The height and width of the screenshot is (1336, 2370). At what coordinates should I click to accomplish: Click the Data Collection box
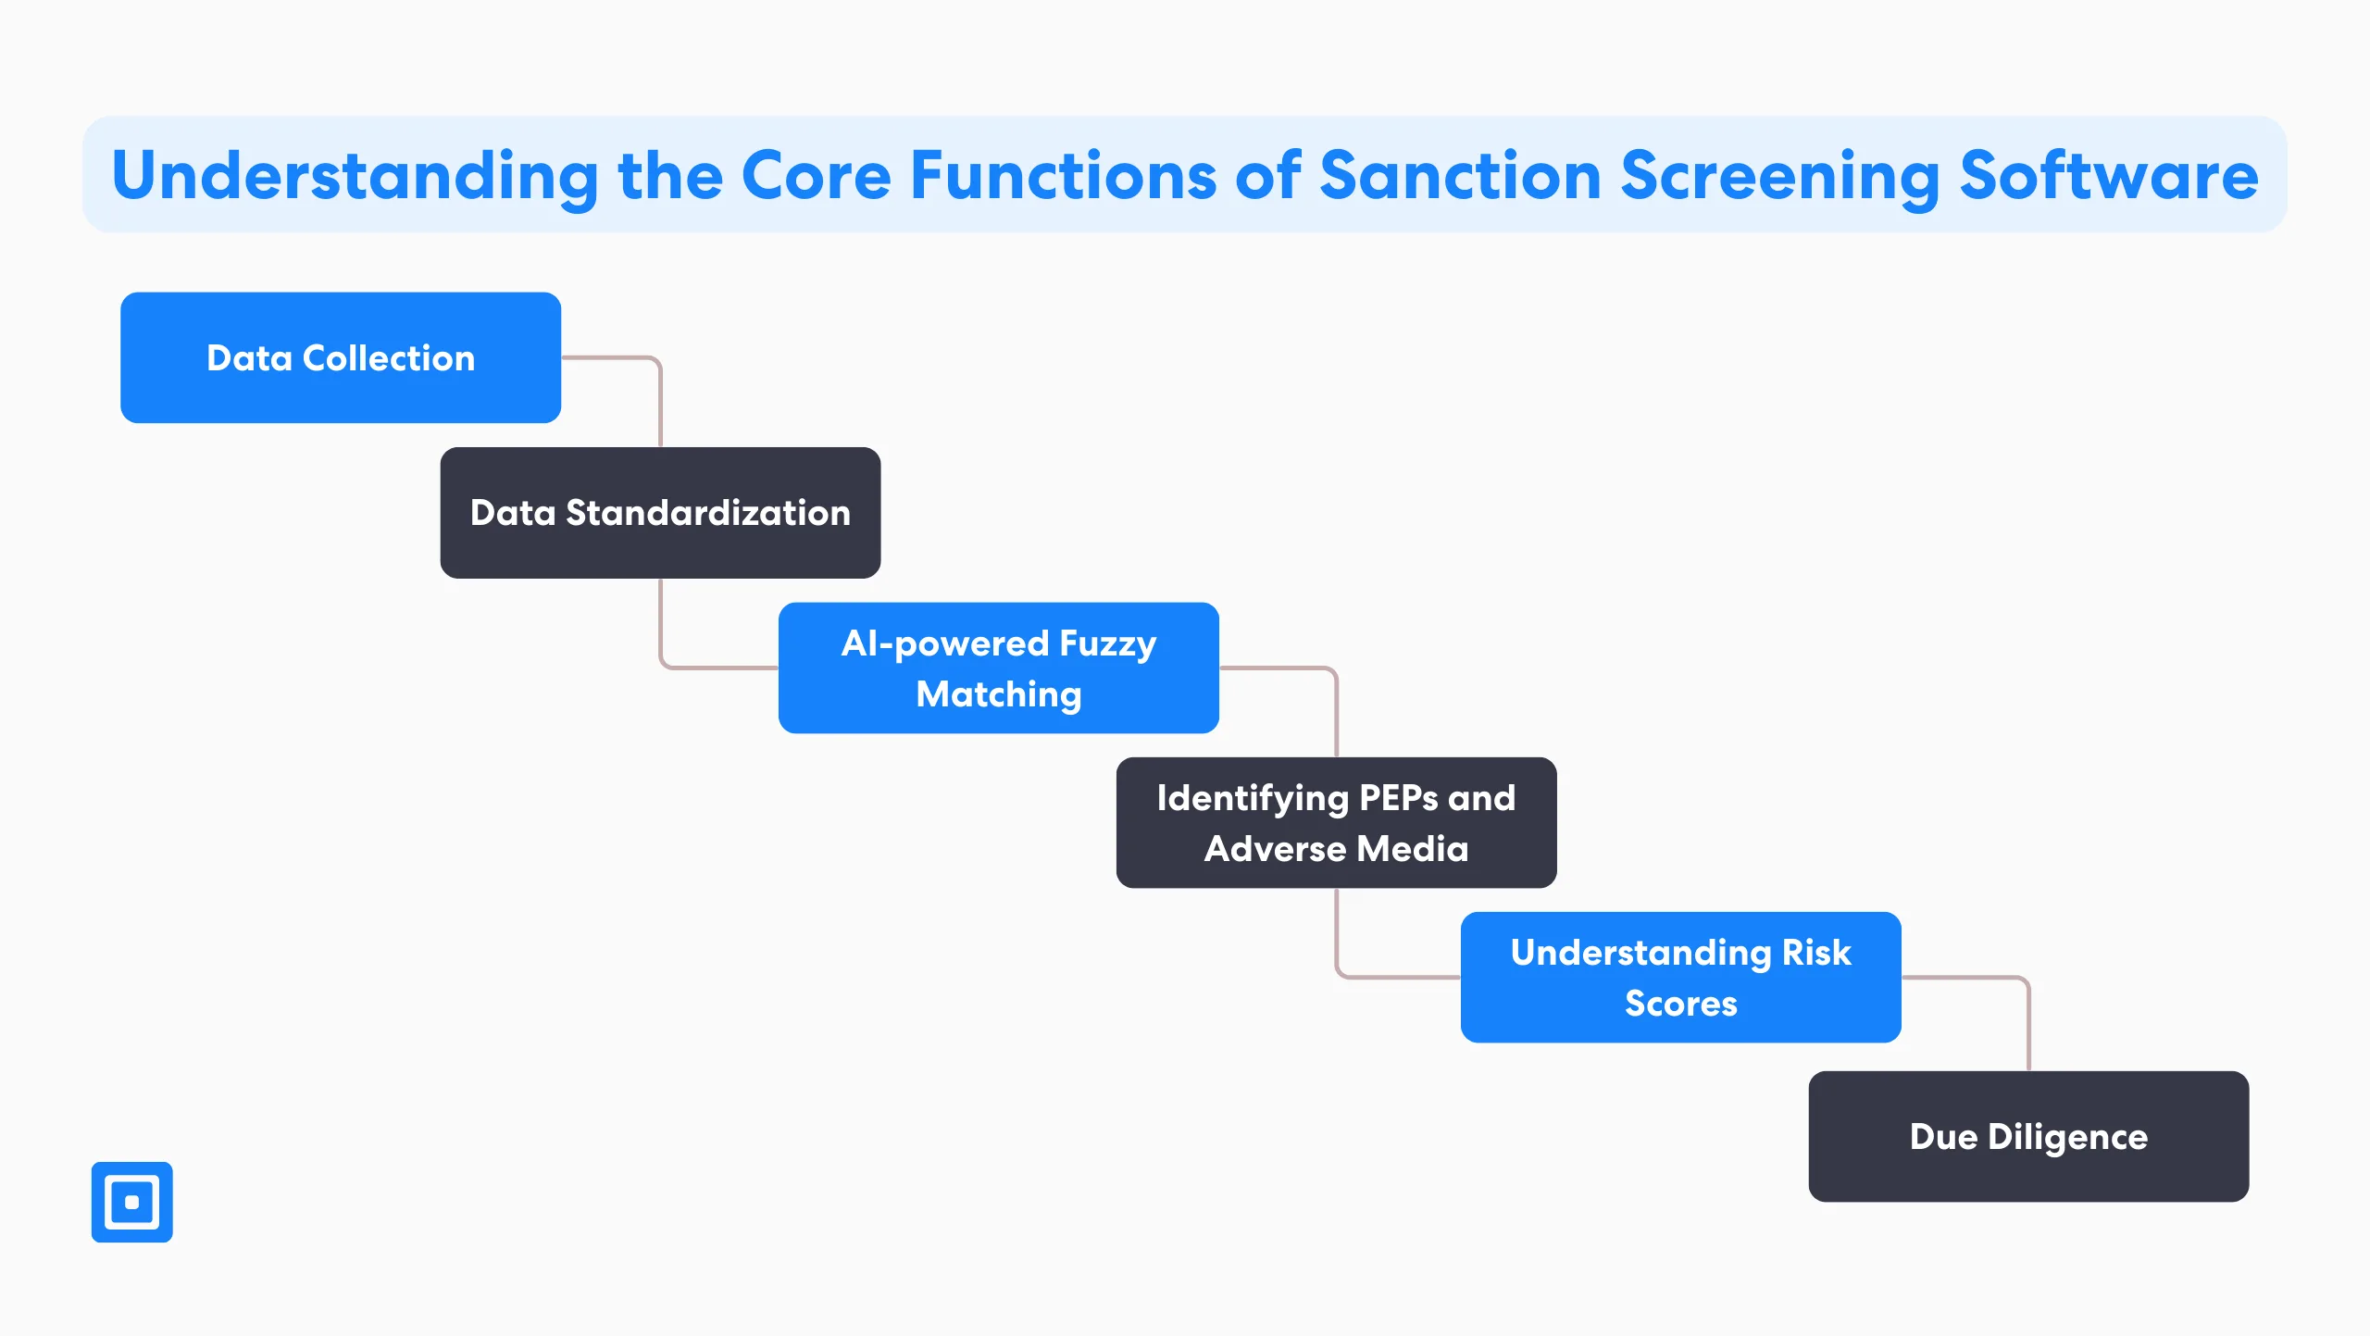(x=340, y=357)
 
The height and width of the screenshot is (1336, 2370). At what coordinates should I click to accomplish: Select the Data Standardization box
(x=660, y=512)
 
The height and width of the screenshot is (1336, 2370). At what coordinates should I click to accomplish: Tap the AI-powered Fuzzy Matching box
(x=998, y=668)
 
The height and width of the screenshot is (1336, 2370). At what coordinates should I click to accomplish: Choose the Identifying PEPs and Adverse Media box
(x=1336, y=822)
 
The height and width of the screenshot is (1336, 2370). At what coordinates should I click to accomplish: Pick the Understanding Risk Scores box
(x=1680, y=977)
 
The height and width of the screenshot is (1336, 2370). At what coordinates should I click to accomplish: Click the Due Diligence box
(x=2027, y=1136)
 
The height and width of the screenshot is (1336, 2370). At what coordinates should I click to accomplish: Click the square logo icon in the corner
(x=131, y=1202)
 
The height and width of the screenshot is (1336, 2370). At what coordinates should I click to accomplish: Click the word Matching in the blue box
(x=998, y=693)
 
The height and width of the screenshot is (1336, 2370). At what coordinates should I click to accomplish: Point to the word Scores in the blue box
(x=1680, y=1003)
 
